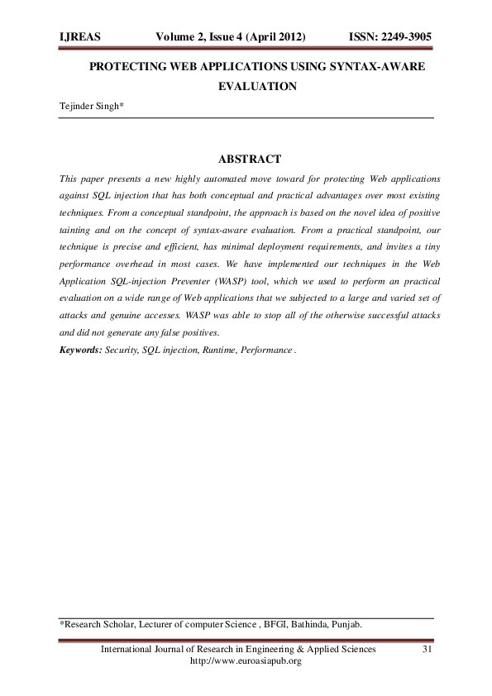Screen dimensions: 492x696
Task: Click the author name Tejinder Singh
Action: tap(89, 107)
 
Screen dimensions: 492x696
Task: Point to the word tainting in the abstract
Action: tap(80, 229)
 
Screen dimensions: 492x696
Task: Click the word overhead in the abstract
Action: tap(174, 264)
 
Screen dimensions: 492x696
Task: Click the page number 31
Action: tap(428, 650)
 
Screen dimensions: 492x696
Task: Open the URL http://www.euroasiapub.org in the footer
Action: tap(246, 661)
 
